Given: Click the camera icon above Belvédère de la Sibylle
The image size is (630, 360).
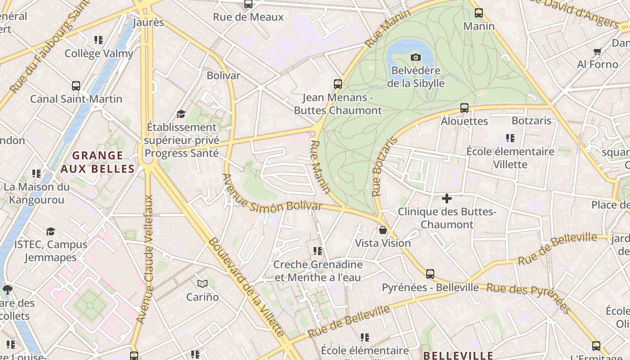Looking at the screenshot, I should coord(416,57).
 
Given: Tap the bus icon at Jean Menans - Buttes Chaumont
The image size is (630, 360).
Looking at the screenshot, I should coord(338,84).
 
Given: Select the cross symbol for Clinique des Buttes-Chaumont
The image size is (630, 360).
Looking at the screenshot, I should coord(446,198).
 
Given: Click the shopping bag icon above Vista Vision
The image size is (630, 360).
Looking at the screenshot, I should coord(383,230).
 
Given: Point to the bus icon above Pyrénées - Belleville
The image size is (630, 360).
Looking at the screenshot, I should coord(430,274).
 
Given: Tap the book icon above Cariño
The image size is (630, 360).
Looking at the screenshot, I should coord(202,283).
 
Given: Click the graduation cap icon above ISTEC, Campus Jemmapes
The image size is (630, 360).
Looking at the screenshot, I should coord(50,231).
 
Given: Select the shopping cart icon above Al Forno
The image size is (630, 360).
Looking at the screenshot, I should coord(598,51).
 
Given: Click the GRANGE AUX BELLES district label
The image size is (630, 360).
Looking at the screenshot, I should coord(98,162).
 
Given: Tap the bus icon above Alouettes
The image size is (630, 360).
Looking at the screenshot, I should coord(464,108).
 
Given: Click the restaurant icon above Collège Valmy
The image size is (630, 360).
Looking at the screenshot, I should coord(99,40).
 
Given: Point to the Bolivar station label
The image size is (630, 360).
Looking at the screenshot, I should coord(223,75).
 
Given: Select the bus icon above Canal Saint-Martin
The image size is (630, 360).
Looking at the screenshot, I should coord(76,85).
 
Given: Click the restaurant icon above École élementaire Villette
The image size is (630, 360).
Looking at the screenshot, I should coord(510,138).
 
